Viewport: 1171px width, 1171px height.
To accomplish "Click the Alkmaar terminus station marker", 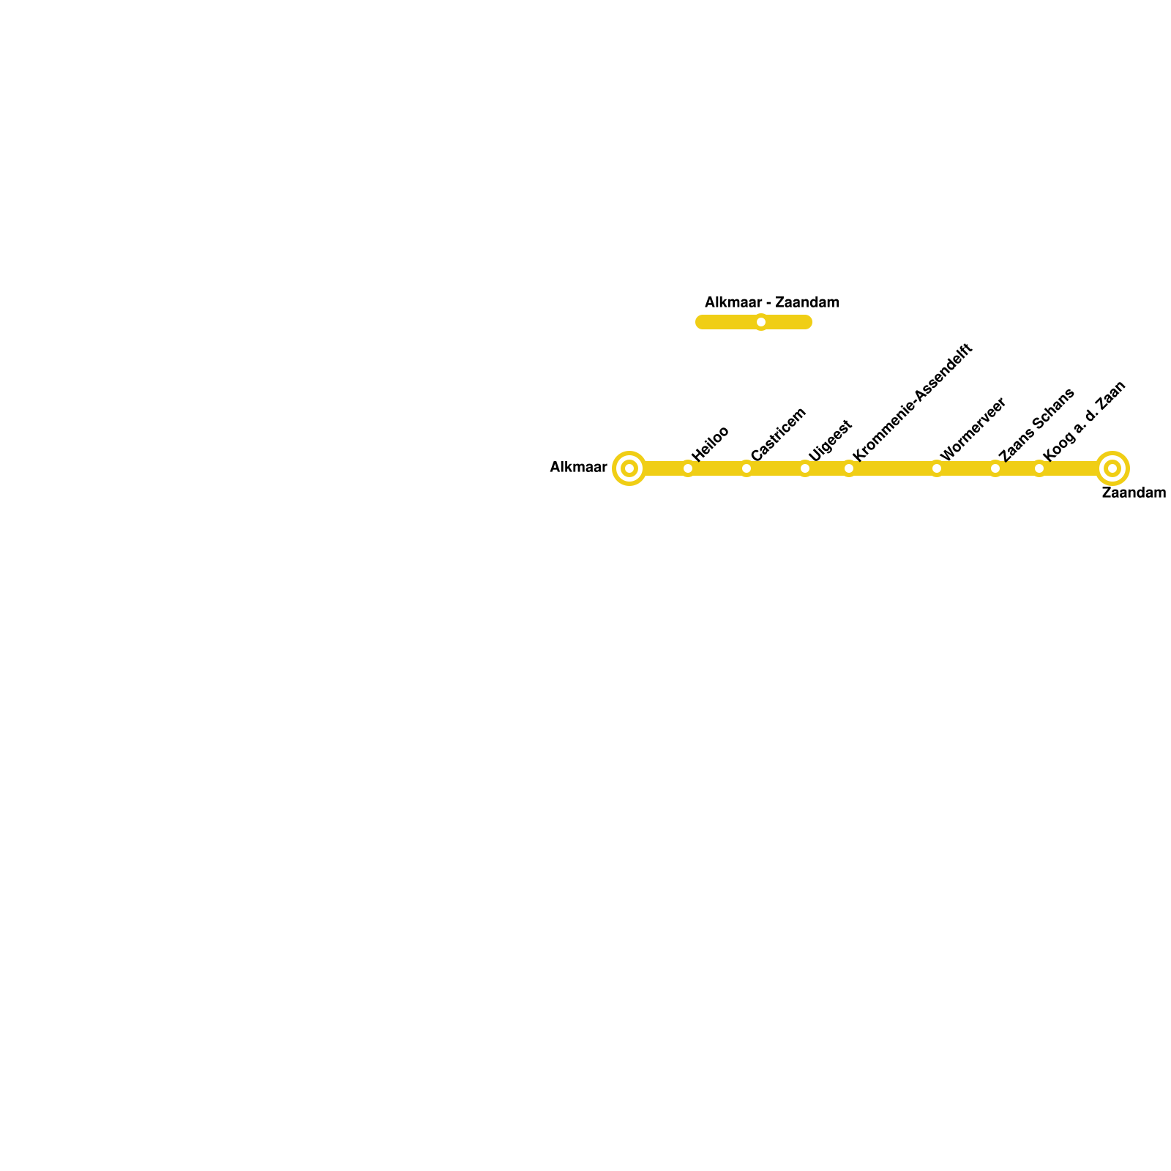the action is pyautogui.click(x=629, y=468).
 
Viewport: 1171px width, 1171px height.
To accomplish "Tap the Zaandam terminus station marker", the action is pyautogui.click(x=1112, y=468).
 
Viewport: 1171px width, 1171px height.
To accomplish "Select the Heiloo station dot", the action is pyautogui.click(x=688, y=468).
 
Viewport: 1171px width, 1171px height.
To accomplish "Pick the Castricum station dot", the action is pyautogui.click(x=747, y=468).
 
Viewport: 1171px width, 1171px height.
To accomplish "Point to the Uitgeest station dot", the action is pyautogui.click(x=805, y=468).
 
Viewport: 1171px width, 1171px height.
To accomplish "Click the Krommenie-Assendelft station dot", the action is pyautogui.click(x=849, y=468).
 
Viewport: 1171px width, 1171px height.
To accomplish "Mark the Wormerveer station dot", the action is pyautogui.click(x=937, y=468).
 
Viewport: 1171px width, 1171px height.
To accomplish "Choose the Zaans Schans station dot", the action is pyautogui.click(x=995, y=468).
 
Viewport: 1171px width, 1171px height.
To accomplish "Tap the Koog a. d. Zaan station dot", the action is pyautogui.click(x=1039, y=468).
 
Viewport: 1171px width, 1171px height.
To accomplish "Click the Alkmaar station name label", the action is pyautogui.click(x=578, y=467).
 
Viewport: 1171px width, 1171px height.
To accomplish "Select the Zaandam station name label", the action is pyautogui.click(x=1134, y=493).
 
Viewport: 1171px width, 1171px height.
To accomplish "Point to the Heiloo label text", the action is pyautogui.click(x=710, y=443).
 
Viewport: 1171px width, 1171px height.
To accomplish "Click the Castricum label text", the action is pyautogui.click(x=778, y=433).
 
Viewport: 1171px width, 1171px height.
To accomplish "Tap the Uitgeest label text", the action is pyautogui.click(x=830, y=440).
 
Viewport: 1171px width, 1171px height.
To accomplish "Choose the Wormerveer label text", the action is pyautogui.click(x=973, y=429).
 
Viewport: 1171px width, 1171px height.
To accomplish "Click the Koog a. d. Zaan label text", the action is pyautogui.click(x=1083, y=421).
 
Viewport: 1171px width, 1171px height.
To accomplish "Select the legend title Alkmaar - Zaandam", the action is pyautogui.click(x=772, y=302).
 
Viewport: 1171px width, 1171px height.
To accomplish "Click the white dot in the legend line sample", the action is pyautogui.click(x=761, y=322).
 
